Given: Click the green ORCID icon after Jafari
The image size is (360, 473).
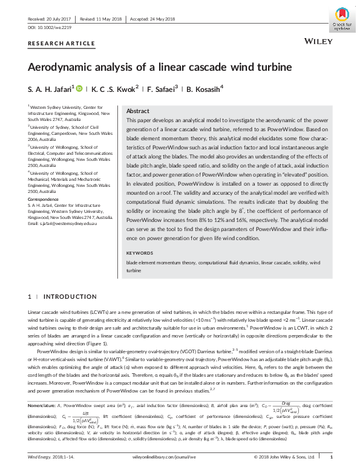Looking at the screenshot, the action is tap(78, 88).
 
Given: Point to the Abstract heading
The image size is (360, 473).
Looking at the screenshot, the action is tap(137, 111).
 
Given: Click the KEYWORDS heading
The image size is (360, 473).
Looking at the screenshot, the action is tap(140, 253).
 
